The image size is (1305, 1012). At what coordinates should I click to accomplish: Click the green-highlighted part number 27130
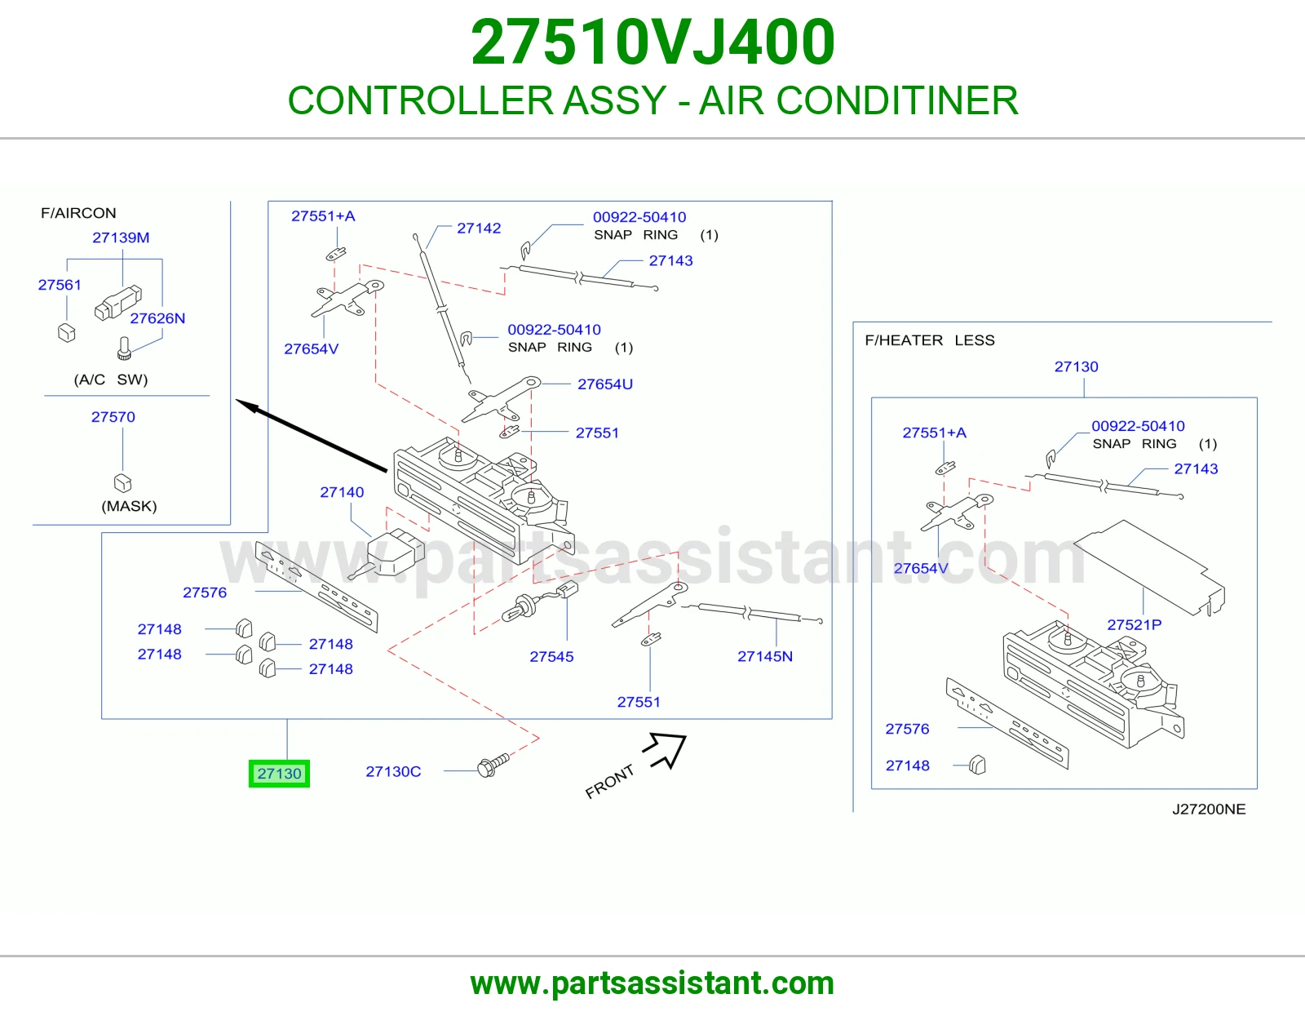pyautogui.click(x=279, y=774)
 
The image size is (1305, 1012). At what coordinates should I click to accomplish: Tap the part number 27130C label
pyautogui.click(x=393, y=771)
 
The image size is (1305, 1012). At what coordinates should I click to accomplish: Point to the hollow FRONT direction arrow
pyautogui.click(x=666, y=749)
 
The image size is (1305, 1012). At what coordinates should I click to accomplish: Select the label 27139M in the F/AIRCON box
pyautogui.click(x=121, y=237)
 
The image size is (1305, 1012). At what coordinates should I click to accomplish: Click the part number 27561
pyautogui.click(x=60, y=284)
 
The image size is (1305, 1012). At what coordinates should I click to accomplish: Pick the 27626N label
pyautogui.click(x=157, y=318)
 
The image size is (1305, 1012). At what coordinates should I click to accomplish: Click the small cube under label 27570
pyautogui.click(x=122, y=482)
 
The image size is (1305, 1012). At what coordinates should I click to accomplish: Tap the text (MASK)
pyautogui.click(x=129, y=506)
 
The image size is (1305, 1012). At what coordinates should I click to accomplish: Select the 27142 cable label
pyautogui.click(x=479, y=228)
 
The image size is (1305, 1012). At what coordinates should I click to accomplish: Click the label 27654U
pyautogui.click(x=604, y=384)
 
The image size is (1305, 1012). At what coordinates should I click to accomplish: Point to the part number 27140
pyautogui.click(x=342, y=492)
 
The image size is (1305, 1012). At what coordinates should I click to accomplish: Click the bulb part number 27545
pyautogui.click(x=551, y=656)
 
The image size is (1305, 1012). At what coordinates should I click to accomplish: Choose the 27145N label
pyautogui.click(x=764, y=656)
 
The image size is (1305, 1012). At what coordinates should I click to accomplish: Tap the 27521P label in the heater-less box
pyautogui.click(x=1134, y=624)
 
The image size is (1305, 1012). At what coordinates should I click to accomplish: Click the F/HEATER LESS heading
pyautogui.click(x=930, y=340)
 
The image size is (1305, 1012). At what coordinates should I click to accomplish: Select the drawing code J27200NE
pyautogui.click(x=1209, y=809)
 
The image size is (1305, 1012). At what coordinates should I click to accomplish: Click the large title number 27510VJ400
pyautogui.click(x=652, y=42)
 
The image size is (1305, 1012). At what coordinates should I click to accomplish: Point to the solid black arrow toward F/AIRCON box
pyautogui.click(x=311, y=435)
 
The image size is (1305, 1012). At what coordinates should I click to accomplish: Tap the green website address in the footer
pyautogui.click(x=652, y=983)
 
